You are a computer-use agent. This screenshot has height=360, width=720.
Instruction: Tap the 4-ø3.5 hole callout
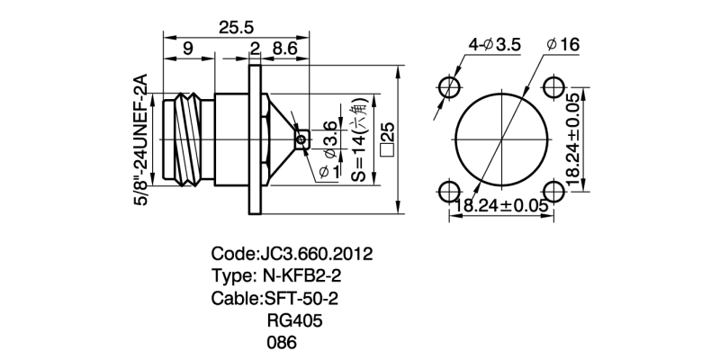click(x=496, y=42)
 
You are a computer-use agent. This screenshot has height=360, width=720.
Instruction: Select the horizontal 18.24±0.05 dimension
click(x=501, y=206)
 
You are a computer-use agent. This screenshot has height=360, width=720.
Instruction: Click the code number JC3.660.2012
click(x=315, y=253)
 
